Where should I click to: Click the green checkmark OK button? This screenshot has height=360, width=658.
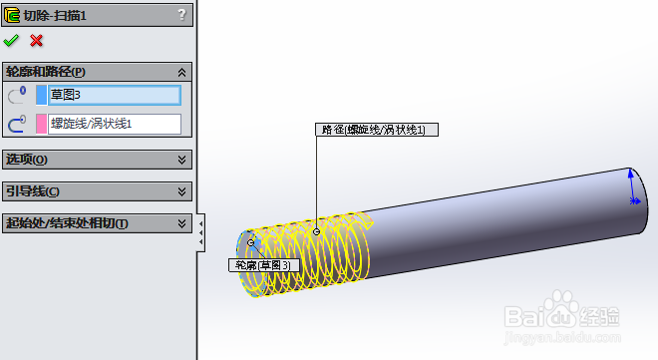[x=11, y=41]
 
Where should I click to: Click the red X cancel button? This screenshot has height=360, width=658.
[x=37, y=41]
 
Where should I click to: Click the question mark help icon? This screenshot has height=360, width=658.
[x=180, y=14]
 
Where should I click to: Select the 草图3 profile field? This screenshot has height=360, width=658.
[x=115, y=95]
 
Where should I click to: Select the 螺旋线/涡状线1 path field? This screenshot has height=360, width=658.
[x=115, y=124]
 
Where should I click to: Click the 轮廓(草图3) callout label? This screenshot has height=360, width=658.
[x=263, y=265]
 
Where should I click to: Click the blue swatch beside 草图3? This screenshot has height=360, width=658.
[x=41, y=95]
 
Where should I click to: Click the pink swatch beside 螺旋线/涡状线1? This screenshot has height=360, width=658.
[x=41, y=124]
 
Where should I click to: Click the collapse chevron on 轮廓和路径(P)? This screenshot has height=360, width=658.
[x=181, y=72]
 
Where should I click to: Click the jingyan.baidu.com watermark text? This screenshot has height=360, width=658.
[x=588, y=341]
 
